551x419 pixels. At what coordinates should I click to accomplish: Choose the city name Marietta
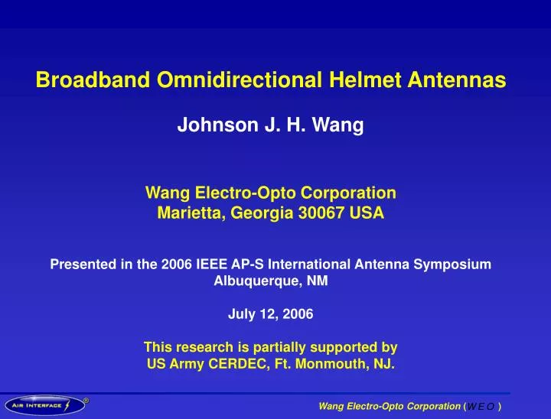[188, 214]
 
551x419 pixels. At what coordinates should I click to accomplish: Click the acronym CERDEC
[223, 364]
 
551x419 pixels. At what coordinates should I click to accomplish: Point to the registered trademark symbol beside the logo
[86, 398]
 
